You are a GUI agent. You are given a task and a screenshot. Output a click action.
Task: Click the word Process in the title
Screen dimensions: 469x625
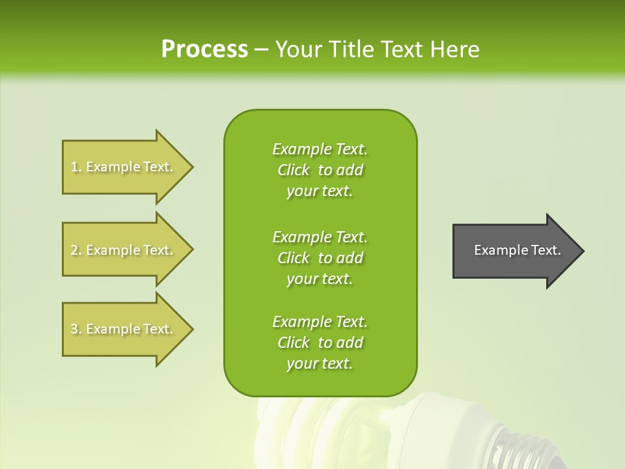point(204,50)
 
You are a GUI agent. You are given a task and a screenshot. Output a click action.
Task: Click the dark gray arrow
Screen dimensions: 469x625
point(514,251)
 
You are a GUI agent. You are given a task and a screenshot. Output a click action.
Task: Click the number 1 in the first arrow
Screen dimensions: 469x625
point(74,167)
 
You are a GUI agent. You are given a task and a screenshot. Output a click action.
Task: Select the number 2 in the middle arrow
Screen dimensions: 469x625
point(74,250)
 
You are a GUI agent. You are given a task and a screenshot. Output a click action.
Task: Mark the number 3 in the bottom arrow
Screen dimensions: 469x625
point(74,329)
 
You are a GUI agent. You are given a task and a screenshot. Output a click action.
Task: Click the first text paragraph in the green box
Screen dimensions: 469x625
point(320,170)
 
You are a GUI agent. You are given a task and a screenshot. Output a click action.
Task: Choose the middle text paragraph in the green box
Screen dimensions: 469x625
point(320,258)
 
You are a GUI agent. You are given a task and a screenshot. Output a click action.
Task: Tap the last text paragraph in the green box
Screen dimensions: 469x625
point(320,343)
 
